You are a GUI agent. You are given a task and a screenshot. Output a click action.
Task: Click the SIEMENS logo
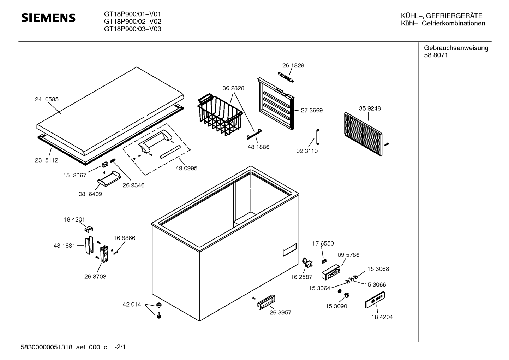(x=48, y=18)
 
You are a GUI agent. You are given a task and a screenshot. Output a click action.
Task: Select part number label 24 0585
(x=47, y=100)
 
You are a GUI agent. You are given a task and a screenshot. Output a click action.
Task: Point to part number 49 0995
(x=186, y=169)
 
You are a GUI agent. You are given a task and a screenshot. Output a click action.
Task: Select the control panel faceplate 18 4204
(x=375, y=300)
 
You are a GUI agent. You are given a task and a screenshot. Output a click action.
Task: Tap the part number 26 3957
(x=280, y=313)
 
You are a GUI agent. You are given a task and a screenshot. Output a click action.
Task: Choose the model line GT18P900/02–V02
(x=132, y=22)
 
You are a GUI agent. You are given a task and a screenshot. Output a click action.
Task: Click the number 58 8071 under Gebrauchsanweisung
(x=436, y=55)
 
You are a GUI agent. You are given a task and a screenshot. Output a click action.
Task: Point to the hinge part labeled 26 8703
(x=104, y=254)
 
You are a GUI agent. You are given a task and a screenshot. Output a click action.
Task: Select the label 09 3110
(x=307, y=151)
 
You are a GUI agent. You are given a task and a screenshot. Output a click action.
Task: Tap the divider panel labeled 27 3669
(x=276, y=104)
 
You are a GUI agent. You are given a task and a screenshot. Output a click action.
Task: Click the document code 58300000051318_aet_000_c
(x=64, y=348)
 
